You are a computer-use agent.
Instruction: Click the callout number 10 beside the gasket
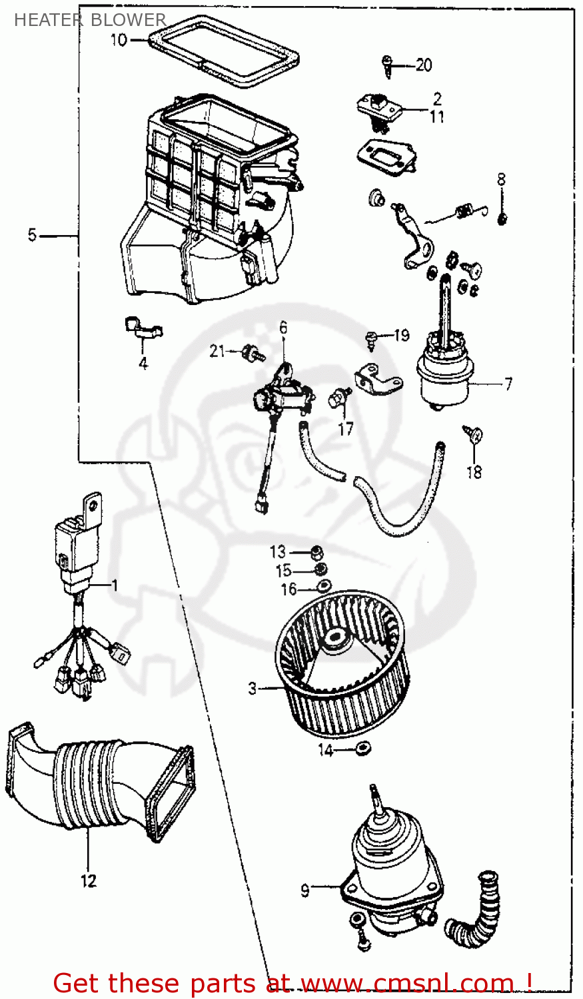pos(118,40)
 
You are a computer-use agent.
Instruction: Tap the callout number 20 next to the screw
pos(424,65)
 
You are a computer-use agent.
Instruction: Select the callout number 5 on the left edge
pos(32,235)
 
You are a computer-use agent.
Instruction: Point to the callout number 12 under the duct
pos(88,880)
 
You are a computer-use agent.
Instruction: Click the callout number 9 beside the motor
pos(305,890)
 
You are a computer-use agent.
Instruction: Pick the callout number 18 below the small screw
pos(474,472)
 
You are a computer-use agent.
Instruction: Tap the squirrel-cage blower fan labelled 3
pos(343,666)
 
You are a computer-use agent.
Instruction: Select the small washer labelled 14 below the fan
pos(363,749)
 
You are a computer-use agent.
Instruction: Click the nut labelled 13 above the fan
pos(317,552)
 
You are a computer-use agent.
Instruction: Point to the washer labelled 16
pos(324,585)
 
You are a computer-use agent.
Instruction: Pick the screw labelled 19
pos(372,339)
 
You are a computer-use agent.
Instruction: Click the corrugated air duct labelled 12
pos(100,779)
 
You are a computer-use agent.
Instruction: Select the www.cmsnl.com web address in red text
pos(407,983)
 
